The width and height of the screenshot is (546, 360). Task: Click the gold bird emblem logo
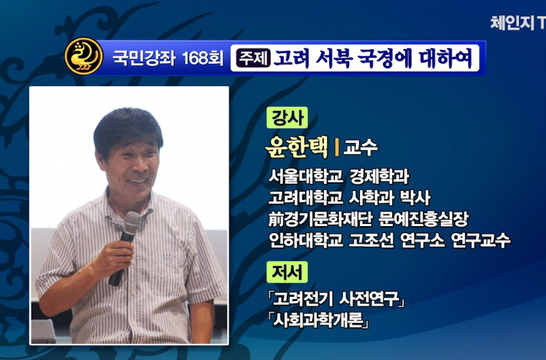click(84, 56)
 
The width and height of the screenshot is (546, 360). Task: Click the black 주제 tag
click(254, 58)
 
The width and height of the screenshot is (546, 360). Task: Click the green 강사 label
click(287, 118)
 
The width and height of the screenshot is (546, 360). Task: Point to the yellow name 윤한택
click(297, 147)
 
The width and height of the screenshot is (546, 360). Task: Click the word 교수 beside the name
click(361, 148)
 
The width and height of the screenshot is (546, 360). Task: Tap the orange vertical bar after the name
click(337, 147)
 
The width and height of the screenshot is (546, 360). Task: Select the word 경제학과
click(380, 176)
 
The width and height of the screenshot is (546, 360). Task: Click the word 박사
click(415, 198)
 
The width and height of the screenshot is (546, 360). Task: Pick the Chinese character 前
click(276, 219)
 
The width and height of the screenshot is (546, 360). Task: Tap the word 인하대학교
click(306, 240)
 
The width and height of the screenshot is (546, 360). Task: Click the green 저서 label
click(287, 272)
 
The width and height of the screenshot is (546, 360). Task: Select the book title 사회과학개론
click(318, 320)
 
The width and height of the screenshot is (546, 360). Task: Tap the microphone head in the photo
click(132, 222)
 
